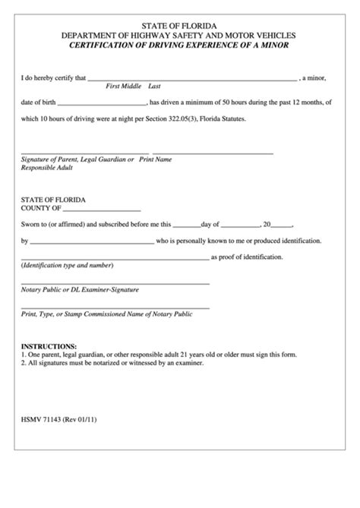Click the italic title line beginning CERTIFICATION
180,46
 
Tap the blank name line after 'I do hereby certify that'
193,79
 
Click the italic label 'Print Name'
156,159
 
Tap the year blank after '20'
282,226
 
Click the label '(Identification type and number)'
68,266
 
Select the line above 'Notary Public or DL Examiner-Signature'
115,283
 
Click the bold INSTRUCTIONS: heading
49,346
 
